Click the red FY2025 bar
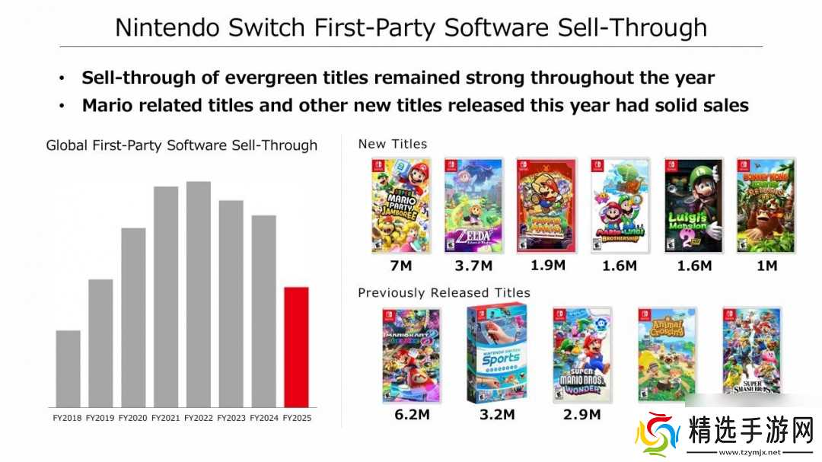pos(296,346)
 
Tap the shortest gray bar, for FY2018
pos(68,368)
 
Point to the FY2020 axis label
pos(132,418)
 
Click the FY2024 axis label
pos(263,418)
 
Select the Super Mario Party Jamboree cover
pos(400,206)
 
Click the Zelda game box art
pos(473,206)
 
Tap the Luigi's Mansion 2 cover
pos(693,206)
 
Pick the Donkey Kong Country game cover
pos(766,206)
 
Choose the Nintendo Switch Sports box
pos(498,355)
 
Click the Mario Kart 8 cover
pos(411,355)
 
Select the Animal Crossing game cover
pos(667,355)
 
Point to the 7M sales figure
pos(400,266)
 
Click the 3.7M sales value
pos(473,266)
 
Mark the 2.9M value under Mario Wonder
pos(581,415)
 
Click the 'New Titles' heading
pos(392,144)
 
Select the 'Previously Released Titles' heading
pos(444,293)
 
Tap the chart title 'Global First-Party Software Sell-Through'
pos(181,145)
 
